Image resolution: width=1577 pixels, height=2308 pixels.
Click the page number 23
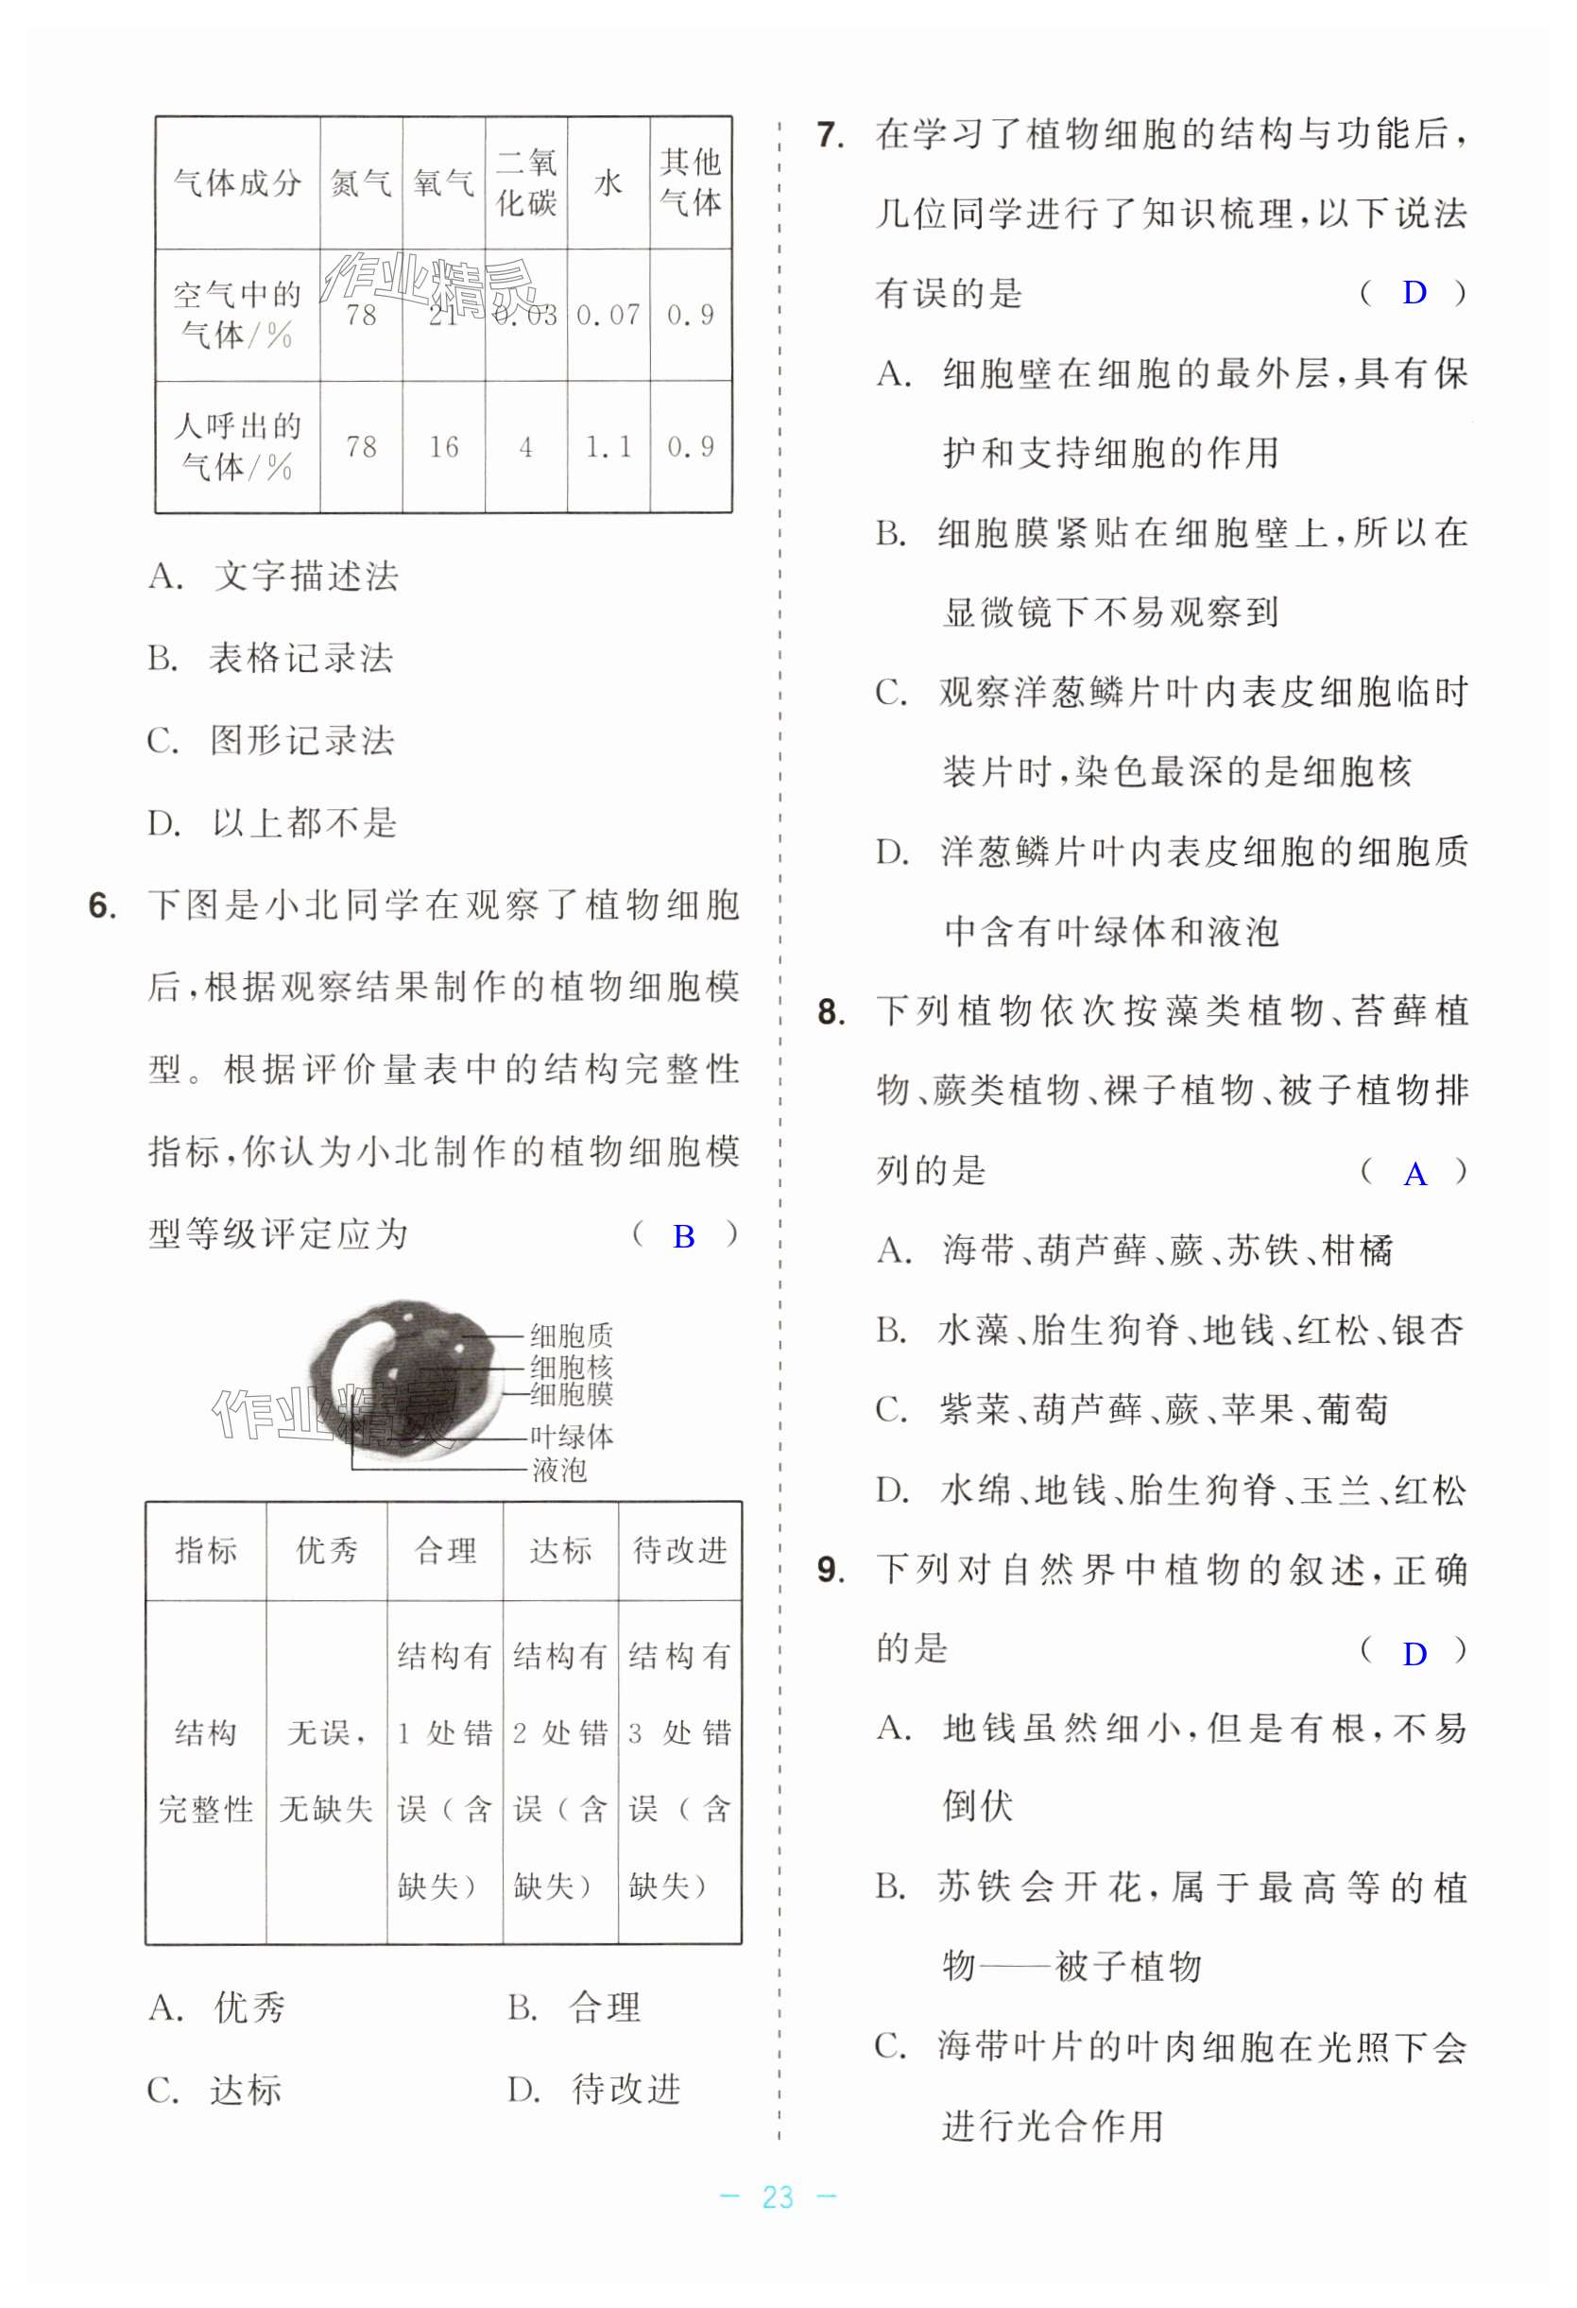point(778,2196)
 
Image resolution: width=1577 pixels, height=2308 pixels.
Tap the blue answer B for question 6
point(683,1235)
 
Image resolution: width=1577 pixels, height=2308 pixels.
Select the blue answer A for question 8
point(1414,1175)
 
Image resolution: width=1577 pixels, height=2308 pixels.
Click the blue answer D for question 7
point(1414,293)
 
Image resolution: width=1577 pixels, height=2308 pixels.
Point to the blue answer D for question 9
point(1414,1654)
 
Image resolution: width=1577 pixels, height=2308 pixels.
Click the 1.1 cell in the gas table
point(608,447)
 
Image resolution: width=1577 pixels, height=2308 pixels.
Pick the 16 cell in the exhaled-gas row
point(443,447)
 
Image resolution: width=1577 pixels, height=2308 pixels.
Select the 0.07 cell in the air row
point(608,316)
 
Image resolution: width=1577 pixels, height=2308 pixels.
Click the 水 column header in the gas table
point(608,182)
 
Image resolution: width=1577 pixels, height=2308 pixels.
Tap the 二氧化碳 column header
point(526,182)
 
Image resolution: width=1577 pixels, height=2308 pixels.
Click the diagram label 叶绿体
point(571,1436)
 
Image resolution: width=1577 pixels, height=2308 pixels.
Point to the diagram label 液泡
point(559,1469)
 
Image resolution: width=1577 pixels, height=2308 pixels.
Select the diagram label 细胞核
point(571,1366)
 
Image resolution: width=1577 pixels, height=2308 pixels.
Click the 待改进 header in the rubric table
point(679,1550)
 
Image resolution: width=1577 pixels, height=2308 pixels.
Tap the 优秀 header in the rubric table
point(326,1550)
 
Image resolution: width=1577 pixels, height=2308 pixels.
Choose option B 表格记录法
point(300,658)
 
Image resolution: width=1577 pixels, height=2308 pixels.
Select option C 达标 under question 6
point(245,2091)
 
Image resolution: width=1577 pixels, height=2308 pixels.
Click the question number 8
point(831,1012)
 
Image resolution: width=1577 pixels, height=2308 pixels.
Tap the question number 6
point(102,905)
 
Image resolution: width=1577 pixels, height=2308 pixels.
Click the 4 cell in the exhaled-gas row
point(525,447)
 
